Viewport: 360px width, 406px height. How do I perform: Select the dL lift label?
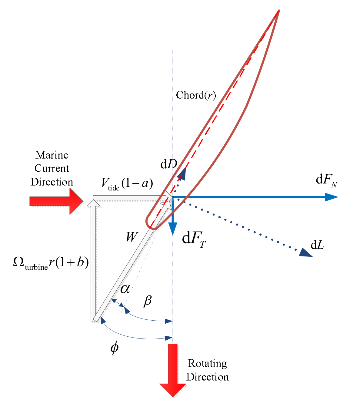tap(317, 245)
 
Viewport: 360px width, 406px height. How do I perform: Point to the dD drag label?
tap(169, 164)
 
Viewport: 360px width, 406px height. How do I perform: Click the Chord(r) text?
tap(196, 95)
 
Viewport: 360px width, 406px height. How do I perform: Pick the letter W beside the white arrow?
tap(132, 237)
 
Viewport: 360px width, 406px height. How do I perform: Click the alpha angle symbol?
tap(125, 289)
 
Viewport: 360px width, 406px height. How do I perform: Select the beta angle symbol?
tap(148, 301)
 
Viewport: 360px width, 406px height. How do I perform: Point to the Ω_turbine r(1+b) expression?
tap(51, 262)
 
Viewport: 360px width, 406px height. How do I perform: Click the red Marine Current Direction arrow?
tap(56, 201)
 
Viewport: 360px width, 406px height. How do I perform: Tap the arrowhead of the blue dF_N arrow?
tap(332, 197)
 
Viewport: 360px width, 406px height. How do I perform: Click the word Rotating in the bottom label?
tap(207, 363)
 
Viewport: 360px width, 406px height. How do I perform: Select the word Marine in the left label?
tap(52, 155)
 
